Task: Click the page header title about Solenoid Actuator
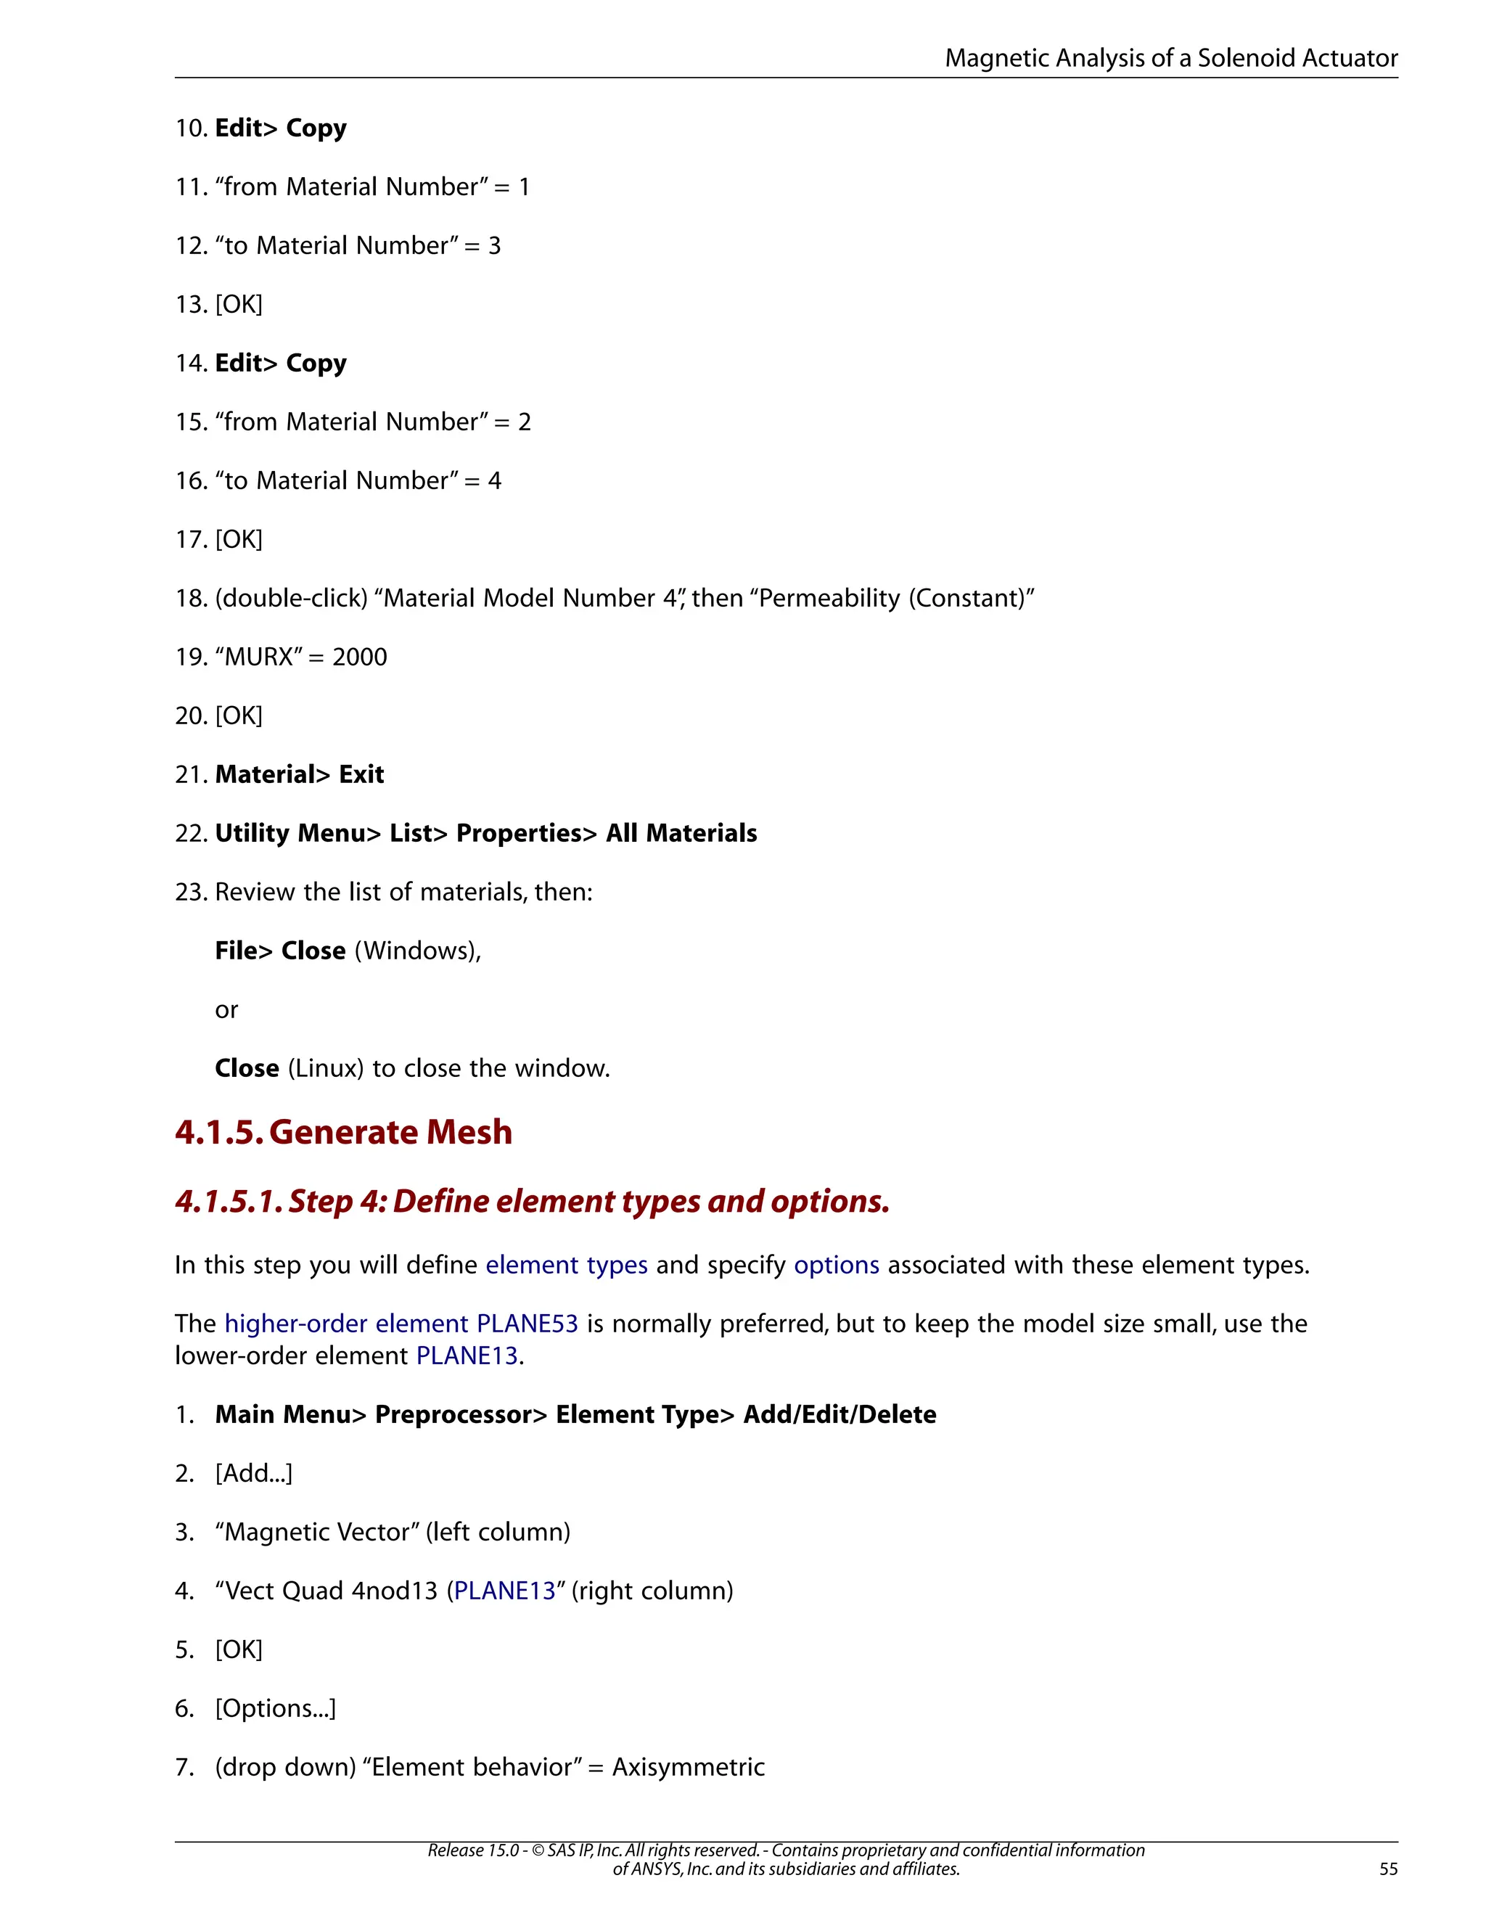tap(1171, 58)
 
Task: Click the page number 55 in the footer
tap(1387, 1869)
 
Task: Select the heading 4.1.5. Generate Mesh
tap(343, 1131)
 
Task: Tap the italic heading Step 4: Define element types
tap(532, 1201)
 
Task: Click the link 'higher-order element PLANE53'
tap(401, 1324)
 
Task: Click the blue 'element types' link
tap(566, 1266)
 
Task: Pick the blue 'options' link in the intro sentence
tap(837, 1266)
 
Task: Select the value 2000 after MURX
tap(359, 657)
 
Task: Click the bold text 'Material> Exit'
tap(300, 775)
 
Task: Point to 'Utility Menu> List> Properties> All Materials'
tap(486, 833)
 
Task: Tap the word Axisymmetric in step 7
tap(689, 1767)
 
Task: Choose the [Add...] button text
tap(253, 1473)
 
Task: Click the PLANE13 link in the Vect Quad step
tap(504, 1591)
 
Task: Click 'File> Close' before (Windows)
tap(280, 951)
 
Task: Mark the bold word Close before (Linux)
tap(247, 1068)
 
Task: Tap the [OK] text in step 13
tap(239, 305)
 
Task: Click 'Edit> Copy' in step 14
tap(281, 363)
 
